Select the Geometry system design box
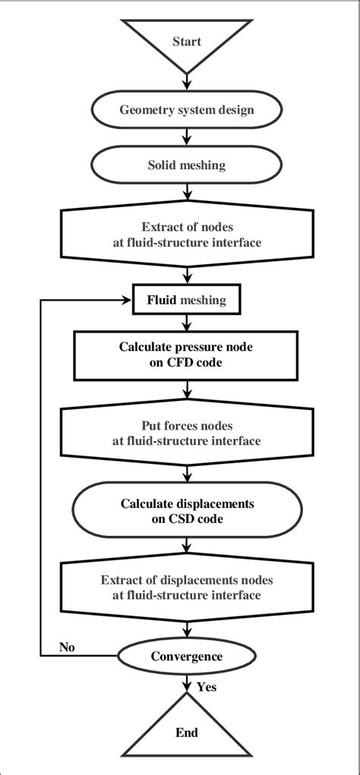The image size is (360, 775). click(187, 109)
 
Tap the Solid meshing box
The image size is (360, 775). click(187, 164)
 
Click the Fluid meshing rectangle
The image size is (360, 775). click(187, 300)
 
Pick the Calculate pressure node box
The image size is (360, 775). click(187, 354)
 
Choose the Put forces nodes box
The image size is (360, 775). click(187, 433)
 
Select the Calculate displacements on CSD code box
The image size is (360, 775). click(187, 511)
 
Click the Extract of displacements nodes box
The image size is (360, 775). click(187, 588)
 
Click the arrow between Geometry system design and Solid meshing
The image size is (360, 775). click(187, 137)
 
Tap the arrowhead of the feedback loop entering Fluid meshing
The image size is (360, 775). click(127, 300)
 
